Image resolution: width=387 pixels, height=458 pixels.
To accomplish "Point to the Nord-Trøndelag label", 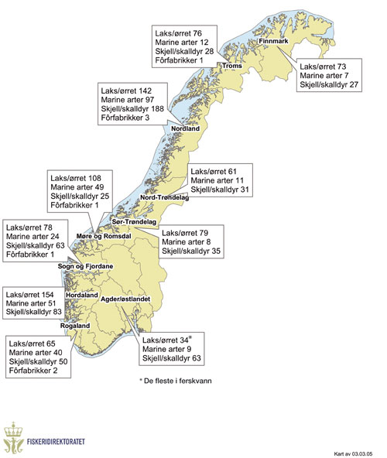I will coord(164,198).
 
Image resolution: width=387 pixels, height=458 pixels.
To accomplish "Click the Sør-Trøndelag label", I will coord(135,222).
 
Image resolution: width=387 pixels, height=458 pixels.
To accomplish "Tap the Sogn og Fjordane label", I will coord(84,266).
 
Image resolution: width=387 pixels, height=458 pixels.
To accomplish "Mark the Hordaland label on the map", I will coord(81,296).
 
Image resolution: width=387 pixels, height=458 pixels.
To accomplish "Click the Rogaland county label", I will coord(77,326).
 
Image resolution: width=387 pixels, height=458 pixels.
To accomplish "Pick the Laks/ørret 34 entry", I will coord(166,340).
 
